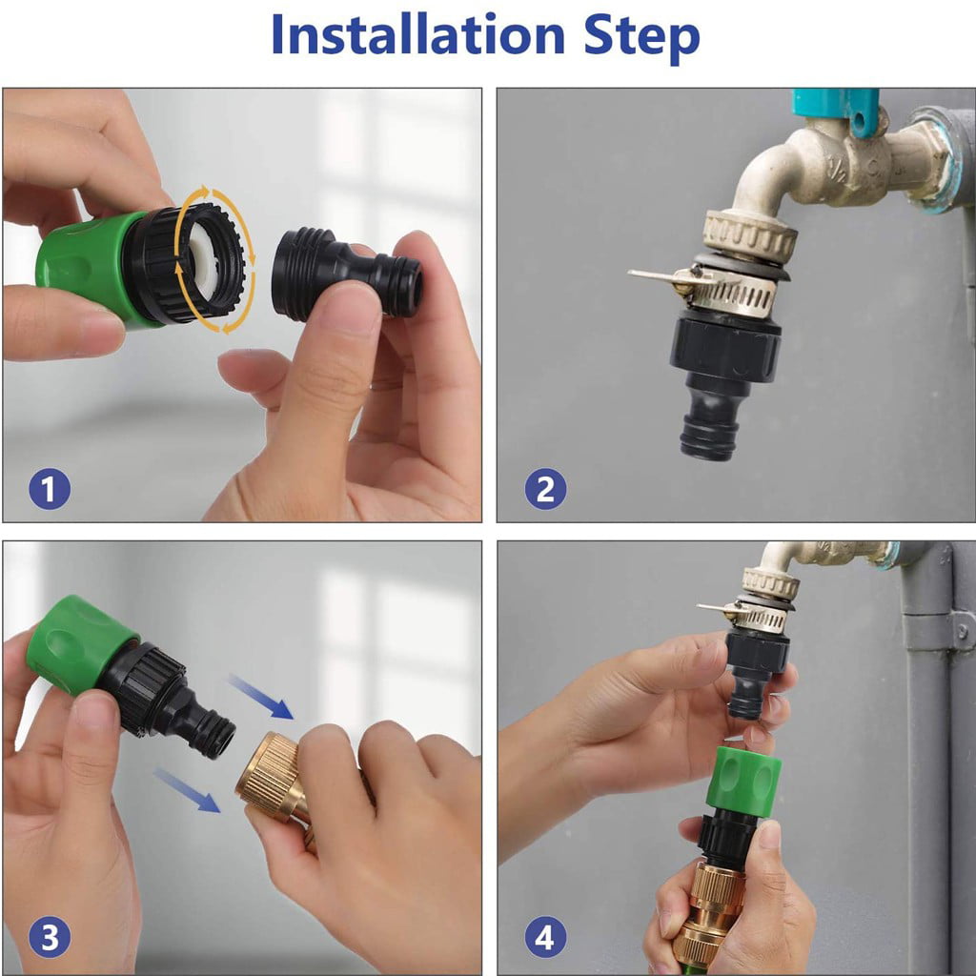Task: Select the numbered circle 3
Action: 49,939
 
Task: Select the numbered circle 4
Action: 544,939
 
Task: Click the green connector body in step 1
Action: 81,261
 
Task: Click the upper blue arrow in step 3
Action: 260,696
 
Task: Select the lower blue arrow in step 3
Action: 187,789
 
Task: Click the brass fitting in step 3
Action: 271,776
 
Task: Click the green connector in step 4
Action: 743,782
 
